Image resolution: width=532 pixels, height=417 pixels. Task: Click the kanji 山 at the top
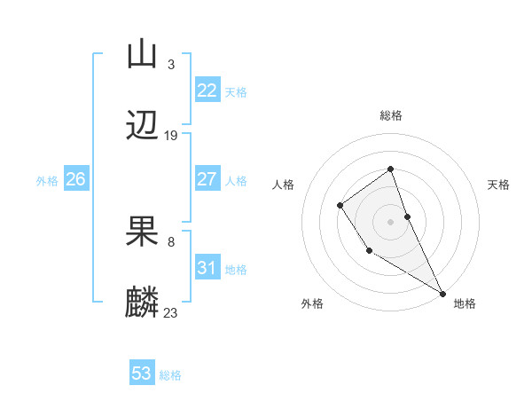(x=142, y=55)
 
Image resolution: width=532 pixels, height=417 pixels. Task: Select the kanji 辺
(x=142, y=127)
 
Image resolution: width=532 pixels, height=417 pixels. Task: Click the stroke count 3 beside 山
(x=170, y=64)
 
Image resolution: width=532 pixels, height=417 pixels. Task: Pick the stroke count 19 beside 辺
(x=171, y=136)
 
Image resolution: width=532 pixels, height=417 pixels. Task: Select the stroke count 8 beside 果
(x=170, y=241)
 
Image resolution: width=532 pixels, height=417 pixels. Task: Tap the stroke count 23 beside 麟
(x=171, y=312)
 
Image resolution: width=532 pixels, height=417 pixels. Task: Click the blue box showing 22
(x=207, y=90)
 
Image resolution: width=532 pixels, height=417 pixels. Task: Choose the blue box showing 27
(x=207, y=179)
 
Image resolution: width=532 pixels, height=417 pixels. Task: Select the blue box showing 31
(x=207, y=268)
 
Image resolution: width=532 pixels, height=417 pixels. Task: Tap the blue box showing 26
(x=75, y=179)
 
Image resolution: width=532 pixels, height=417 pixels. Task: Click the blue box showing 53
(x=142, y=374)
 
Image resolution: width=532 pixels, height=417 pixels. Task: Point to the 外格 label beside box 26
(x=47, y=180)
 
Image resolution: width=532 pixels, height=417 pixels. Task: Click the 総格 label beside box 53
(x=170, y=374)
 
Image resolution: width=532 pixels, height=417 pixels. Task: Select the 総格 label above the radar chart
(x=390, y=115)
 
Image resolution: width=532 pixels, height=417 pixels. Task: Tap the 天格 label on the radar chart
(x=498, y=185)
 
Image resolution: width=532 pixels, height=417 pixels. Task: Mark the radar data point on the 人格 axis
(x=340, y=206)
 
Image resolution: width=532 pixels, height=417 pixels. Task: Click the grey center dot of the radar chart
(x=390, y=221)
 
